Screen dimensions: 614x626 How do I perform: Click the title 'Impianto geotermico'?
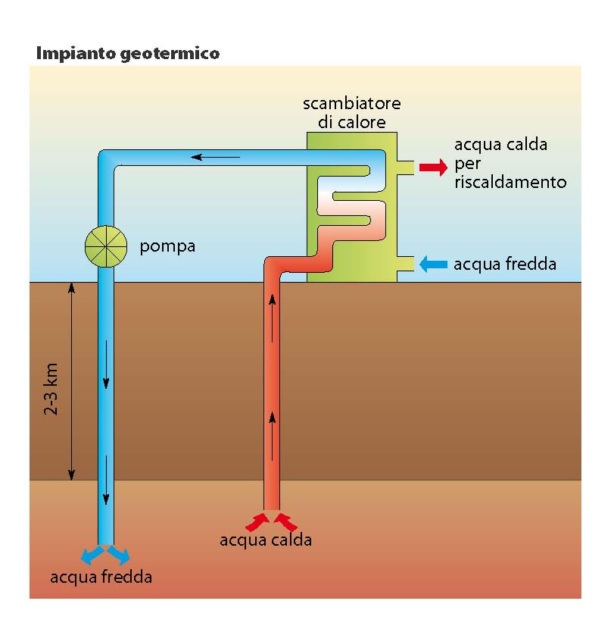coord(128,54)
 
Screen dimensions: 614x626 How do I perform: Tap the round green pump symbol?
coord(106,246)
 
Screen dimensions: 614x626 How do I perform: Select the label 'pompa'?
coord(167,247)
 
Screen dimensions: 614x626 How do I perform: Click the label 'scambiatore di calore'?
coord(351,113)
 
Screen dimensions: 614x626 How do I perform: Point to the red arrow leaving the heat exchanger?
coord(433,167)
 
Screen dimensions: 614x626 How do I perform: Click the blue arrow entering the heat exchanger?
coord(433,264)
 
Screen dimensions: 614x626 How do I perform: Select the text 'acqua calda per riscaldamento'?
coord(510,163)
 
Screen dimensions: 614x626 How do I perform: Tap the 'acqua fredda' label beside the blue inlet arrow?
coord(505,264)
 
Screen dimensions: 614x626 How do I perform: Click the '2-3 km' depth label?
coord(51,390)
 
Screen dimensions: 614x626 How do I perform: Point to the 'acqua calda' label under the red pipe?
coord(266,540)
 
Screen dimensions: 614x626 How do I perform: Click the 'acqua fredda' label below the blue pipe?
coord(101,577)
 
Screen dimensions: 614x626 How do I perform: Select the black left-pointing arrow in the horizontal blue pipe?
coord(215,157)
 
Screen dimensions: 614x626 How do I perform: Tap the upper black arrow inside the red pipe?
coord(273,318)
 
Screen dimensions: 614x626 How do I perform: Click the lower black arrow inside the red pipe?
coord(273,437)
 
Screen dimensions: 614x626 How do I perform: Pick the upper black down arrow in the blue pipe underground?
coord(106,365)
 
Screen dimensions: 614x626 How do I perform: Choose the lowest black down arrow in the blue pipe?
coord(106,480)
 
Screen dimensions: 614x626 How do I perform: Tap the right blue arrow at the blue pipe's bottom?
coord(119,555)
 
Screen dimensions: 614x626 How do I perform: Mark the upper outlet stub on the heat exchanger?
coord(406,167)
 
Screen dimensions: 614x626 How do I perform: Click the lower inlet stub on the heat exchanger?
coord(406,264)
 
